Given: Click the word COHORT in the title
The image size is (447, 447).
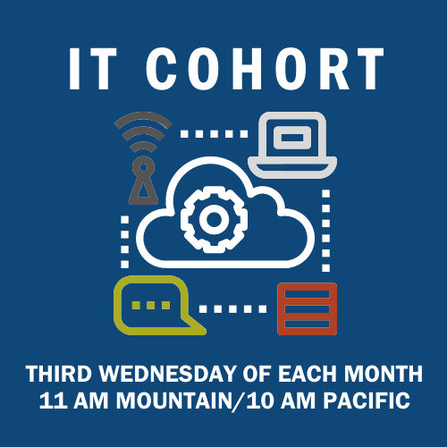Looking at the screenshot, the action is [x=265, y=69].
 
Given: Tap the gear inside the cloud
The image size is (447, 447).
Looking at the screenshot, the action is [x=214, y=219].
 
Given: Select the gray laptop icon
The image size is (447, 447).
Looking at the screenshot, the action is [x=292, y=145].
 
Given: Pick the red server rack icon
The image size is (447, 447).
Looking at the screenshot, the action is [x=308, y=308].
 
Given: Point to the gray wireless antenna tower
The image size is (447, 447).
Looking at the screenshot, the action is [x=143, y=158].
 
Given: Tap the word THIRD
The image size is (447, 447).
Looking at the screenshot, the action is [x=59, y=374].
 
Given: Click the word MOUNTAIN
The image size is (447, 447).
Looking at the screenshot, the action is [x=174, y=401].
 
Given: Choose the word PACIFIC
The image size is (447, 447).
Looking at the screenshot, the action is [x=367, y=401].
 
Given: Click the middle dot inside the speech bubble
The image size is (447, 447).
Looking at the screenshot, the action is [x=151, y=305].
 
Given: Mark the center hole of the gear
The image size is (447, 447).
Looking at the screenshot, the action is [x=214, y=220].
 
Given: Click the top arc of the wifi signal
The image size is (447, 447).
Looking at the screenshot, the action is [x=143, y=119].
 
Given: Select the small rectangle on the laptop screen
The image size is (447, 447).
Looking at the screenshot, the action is [x=292, y=138].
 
